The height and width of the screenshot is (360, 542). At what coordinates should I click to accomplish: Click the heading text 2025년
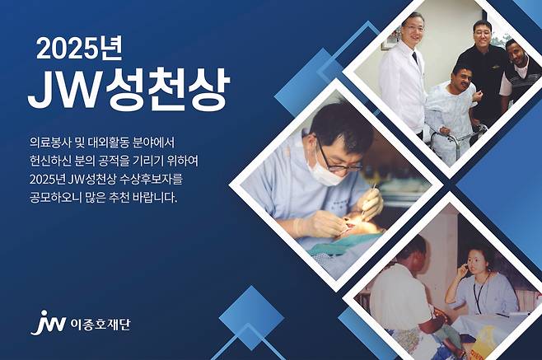coord(79,50)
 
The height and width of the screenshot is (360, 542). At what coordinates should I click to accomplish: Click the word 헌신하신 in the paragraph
coord(48,161)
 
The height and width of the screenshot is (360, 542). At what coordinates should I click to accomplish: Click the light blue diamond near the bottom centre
coord(251,316)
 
